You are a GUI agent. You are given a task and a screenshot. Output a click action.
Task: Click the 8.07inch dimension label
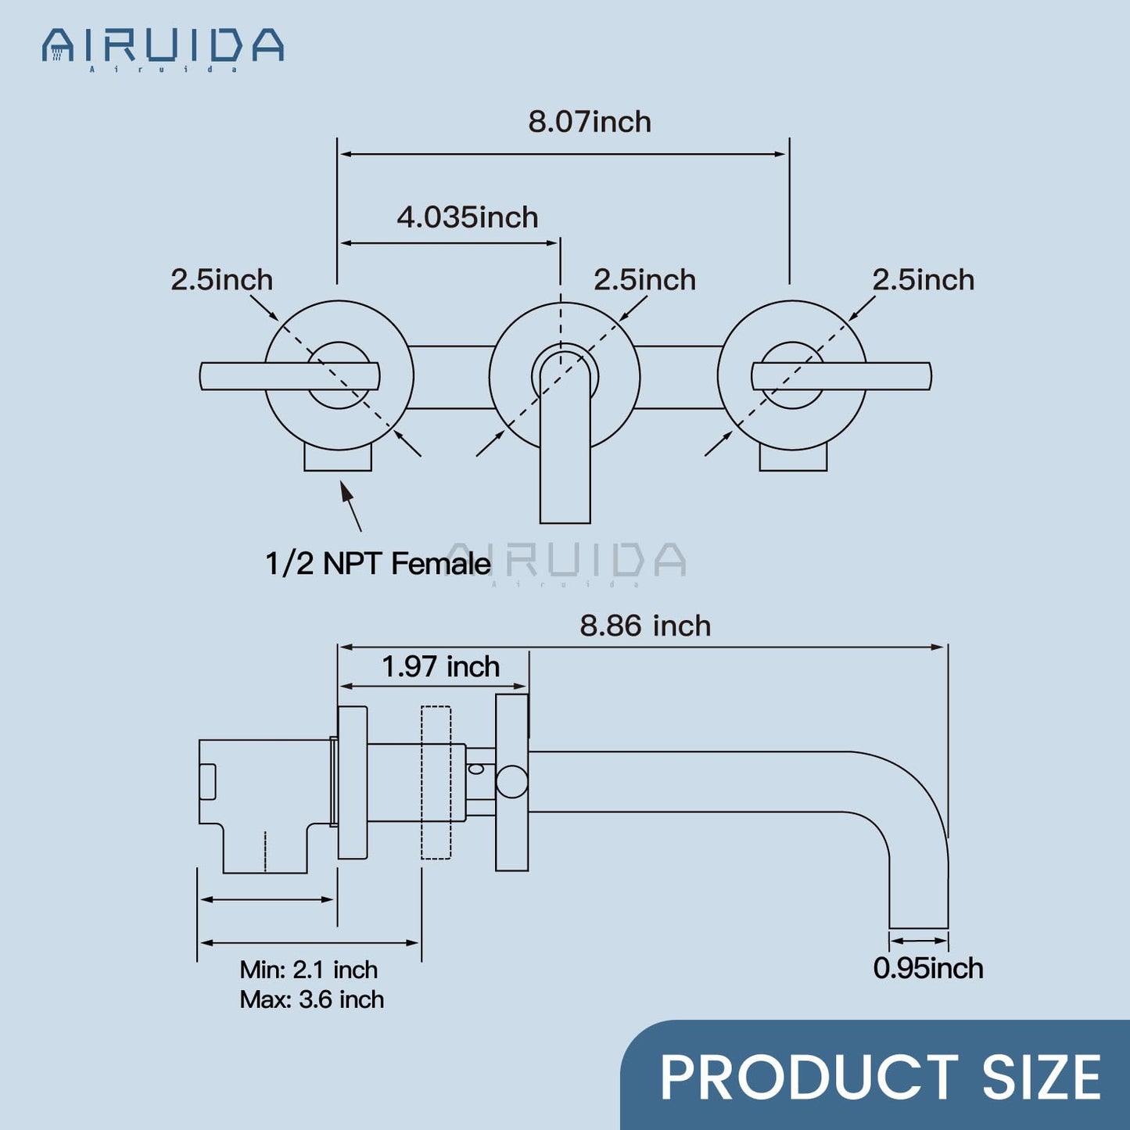tap(590, 122)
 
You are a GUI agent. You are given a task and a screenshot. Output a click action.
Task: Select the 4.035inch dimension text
tap(468, 217)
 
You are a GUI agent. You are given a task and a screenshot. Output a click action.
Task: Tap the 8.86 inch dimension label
tap(645, 626)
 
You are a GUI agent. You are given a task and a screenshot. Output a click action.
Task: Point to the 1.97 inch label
tap(440, 667)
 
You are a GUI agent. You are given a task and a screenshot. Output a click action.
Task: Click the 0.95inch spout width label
tap(927, 968)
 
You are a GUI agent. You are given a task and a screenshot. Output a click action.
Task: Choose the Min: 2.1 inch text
tap(308, 970)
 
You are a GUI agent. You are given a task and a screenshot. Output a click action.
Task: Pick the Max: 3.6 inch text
tap(311, 999)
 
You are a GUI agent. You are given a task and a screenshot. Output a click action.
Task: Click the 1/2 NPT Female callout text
tap(378, 564)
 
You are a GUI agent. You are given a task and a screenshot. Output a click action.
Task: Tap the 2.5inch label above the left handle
tap(221, 280)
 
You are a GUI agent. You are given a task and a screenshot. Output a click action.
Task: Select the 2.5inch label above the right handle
tap(923, 280)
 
